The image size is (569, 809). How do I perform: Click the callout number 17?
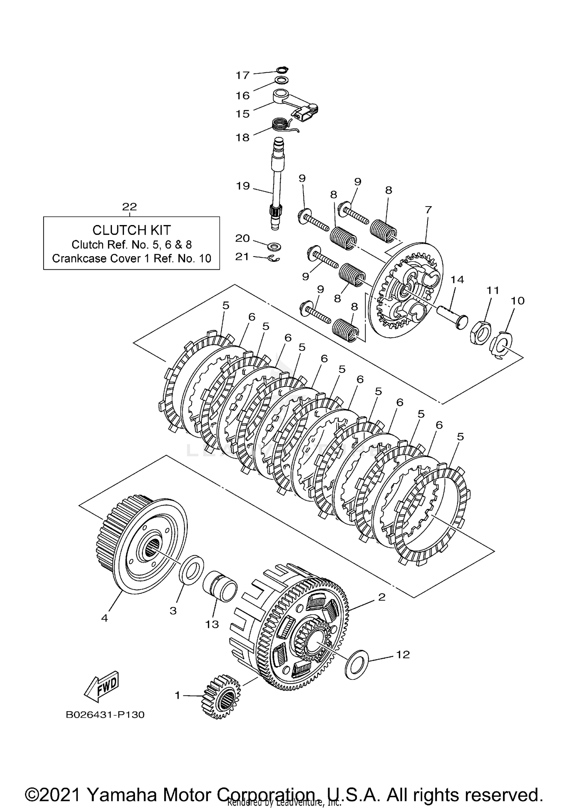click(242, 75)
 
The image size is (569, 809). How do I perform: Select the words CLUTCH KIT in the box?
click(131, 230)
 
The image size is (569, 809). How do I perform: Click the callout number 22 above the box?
click(129, 207)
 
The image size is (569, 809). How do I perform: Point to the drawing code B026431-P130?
click(105, 715)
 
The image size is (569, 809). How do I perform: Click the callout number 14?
click(457, 280)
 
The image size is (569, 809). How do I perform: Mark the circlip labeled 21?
click(275, 258)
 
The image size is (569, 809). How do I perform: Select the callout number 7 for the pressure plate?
click(428, 210)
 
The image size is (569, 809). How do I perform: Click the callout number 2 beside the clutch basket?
click(382, 597)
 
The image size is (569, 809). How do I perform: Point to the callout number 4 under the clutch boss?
click(104, 618)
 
